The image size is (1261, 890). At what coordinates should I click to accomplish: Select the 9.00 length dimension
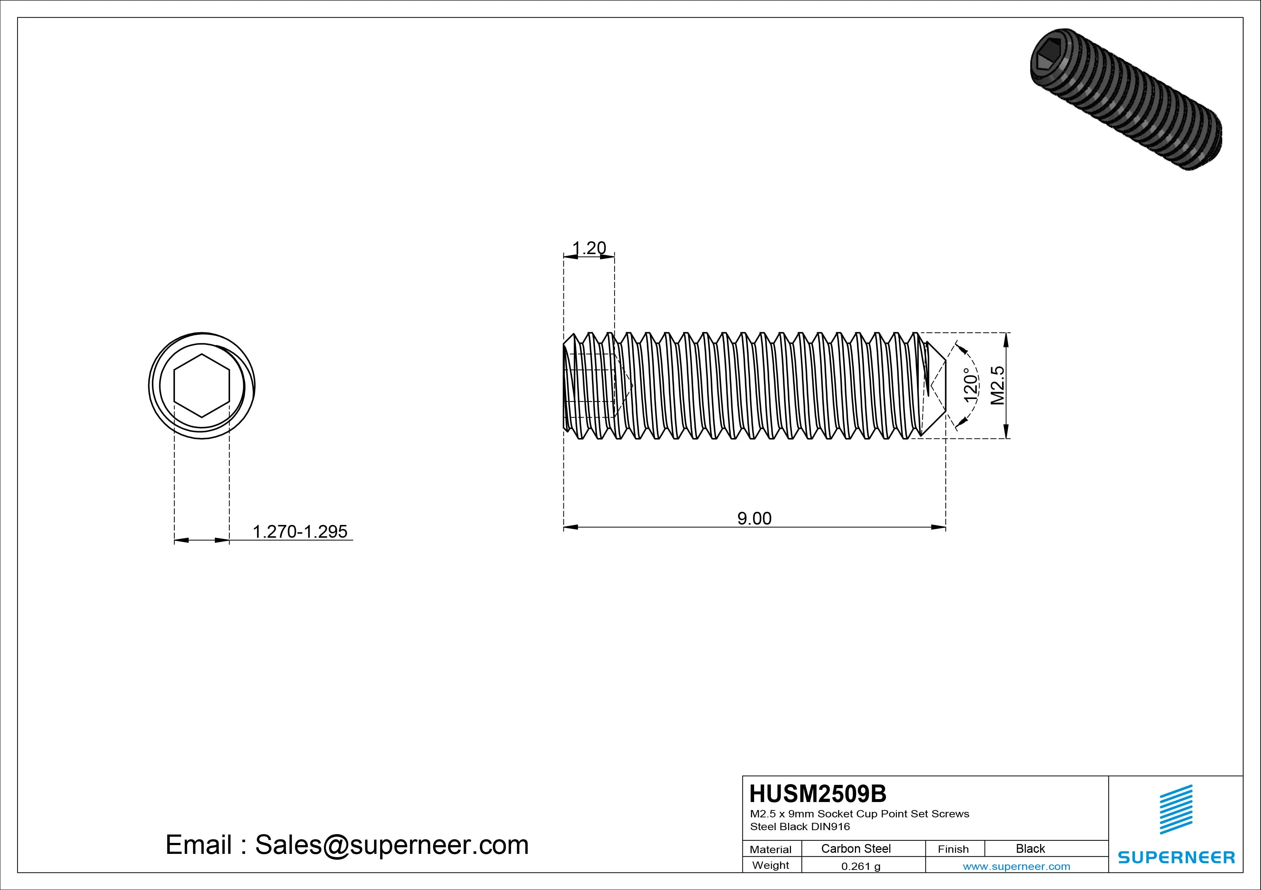(754, 518)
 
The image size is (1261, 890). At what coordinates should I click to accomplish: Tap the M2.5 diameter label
(997, 385)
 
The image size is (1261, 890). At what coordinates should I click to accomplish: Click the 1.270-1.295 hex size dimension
(300, 532)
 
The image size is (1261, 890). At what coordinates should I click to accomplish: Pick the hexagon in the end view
(202, 386)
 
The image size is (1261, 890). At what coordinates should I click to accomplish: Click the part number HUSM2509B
(818, 794)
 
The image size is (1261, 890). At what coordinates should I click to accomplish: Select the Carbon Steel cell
(856, 848)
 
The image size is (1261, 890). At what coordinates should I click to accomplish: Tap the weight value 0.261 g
(861, 866)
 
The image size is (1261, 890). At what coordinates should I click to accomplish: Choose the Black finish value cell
(1030, 848)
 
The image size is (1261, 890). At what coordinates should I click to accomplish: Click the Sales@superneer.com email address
(391, 845)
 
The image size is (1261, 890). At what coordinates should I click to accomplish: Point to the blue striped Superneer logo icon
(1176, 809)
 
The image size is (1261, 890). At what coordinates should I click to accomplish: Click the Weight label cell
(771, 865)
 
